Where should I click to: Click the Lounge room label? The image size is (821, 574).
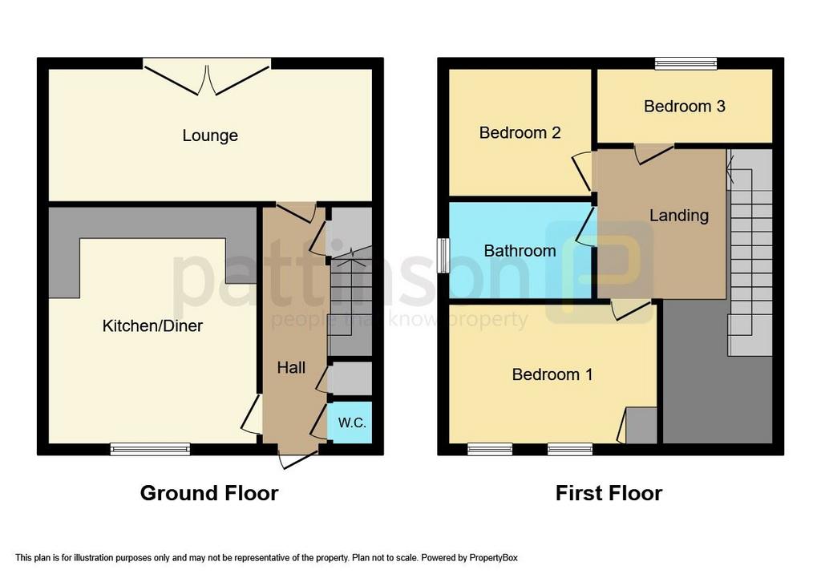[x=210, y=135]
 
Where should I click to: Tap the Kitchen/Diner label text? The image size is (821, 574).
[x=152, y=325]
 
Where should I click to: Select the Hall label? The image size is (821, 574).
[x=291, y=368]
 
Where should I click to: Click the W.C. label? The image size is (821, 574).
[x=352, y=422]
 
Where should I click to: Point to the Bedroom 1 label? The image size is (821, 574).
[x=552, y=374]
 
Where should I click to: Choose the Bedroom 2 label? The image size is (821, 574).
[x=520, y=132]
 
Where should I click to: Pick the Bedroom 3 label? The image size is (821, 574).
[x=685, y=107]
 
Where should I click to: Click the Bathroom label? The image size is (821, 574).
[x=520, y=251]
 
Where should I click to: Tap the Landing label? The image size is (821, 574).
[x=679, y=216]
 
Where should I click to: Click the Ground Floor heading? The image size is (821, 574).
[x=209, y=493]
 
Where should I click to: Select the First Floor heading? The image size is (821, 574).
[x=609, y=493]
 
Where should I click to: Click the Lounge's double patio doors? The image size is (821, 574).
[x=208, y=76]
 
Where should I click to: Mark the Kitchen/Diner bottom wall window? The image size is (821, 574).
[x=150, y=449]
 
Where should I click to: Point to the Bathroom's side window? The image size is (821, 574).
[x=443, y=256]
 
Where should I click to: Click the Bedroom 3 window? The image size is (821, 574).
[x=686, y=63]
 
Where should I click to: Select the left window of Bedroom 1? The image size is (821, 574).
[x=490, y=449]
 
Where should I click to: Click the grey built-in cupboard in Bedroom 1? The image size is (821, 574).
[x=641, y=426]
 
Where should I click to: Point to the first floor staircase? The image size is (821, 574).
[x=750, y=253]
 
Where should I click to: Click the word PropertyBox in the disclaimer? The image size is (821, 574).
[x=493, y=558]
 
